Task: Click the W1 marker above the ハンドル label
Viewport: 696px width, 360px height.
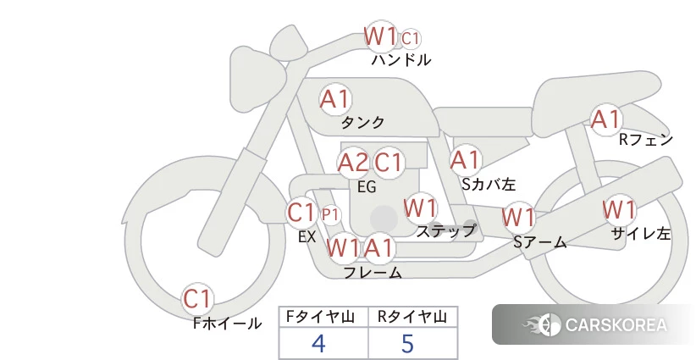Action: point(380,36)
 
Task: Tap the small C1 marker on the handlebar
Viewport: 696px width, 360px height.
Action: point(411,39)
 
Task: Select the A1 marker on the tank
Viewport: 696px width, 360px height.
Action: point(335,99)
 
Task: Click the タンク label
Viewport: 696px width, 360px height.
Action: point(362,122)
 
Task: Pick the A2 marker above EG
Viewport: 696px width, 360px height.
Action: point(353,163)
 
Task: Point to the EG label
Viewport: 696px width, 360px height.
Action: point(367,187)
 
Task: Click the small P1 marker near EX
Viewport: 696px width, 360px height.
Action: point(330,215)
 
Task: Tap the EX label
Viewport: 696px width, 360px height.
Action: point(307,237)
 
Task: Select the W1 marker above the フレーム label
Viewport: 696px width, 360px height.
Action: point(342,247)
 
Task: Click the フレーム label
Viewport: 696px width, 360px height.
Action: point(373,272)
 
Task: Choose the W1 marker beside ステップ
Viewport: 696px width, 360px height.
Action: point(420,208)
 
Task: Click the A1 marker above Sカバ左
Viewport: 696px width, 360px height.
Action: point(465,160)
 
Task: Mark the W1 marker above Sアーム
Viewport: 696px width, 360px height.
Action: point(518,218)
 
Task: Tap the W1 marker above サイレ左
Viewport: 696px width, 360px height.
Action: point(619,209)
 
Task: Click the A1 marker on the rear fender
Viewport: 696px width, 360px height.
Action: point(606,119)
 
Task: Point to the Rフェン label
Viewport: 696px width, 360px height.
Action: point(646,140)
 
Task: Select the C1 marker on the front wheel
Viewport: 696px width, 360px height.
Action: point(197,299)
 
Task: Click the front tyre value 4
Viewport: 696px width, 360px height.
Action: point(318,343)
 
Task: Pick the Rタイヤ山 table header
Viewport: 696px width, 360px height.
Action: point(412,317)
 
